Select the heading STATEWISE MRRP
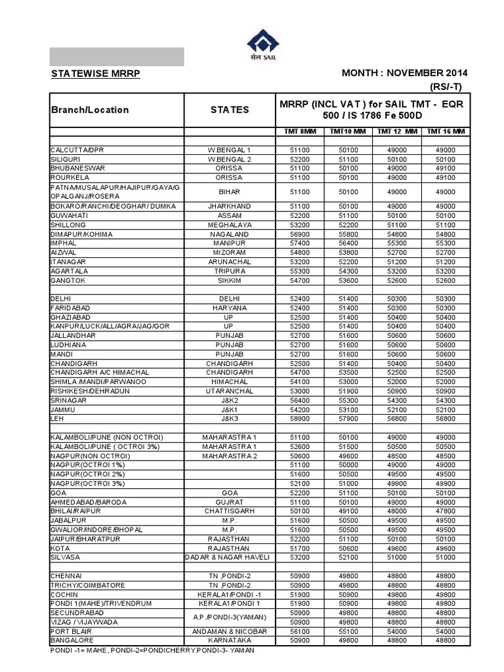tap(94, 73)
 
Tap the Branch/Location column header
tap(90, 110)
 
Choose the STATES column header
tap(229, 110)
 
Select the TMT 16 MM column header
tap(446, 131)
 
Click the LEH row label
tap(57, 418)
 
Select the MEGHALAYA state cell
tap(229, 224)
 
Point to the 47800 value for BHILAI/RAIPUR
tap(446, 511)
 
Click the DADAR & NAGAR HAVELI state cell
tap(229, 556)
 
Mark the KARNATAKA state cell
tap(229, 640)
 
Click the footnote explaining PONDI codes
tap(152, 650)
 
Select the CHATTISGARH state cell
tap(229, 511)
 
